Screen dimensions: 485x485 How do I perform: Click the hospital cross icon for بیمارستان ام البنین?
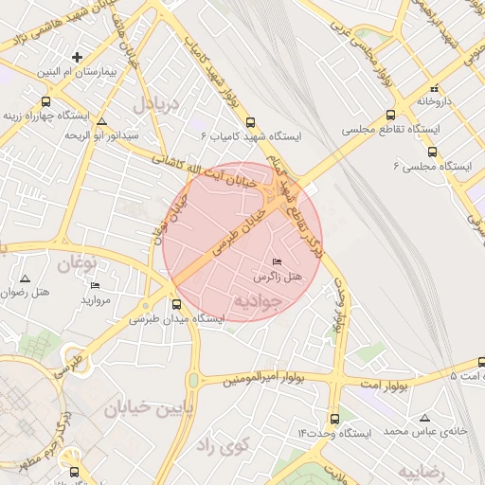pyautogui.click(x=79, y=57)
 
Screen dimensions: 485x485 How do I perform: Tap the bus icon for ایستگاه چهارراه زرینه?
pyautogui.click(x=45, y=101)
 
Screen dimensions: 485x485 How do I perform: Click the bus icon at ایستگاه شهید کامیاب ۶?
pyautogui.click(x=250, y=122)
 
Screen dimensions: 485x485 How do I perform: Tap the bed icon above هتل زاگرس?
pyautogui.click(x=277, y=261)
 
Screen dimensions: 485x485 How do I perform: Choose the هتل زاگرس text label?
pyautogui.click(x=277, y=277)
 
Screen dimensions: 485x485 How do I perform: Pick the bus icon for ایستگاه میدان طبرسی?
pyautogui.click(x=177, y=304)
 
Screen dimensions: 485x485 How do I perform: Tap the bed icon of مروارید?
pyautogui.click(x=94, y=285)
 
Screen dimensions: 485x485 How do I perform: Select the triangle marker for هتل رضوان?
pyautogui.click(x=25, y=278)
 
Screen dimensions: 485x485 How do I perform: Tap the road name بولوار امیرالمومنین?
pyautogui.click(x=264, y=380)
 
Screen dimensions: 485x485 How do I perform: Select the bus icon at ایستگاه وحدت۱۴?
pyautogui.click(x=333, y=418)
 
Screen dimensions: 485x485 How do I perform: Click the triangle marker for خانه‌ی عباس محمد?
pyautogui.click(x=424, y=417)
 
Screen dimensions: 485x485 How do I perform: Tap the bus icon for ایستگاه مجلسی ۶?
pyautogui.click(x=433, y=151)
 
